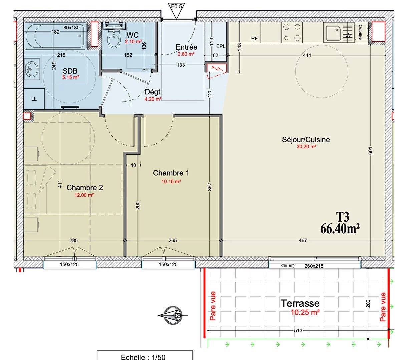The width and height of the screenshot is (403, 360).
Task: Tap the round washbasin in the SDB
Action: click(31, 69)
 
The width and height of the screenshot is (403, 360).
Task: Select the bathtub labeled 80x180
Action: click(55, 36)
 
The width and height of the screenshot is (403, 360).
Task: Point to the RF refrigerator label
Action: click(254, 39)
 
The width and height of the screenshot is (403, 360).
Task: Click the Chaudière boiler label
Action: click(360, 32)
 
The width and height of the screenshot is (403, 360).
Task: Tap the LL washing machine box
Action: click(34, 99)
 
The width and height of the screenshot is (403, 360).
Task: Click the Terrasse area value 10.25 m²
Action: click(305, 313)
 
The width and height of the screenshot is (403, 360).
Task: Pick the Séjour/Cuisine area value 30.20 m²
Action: click(306, 147)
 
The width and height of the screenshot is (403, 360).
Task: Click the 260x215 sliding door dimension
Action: click(314, 266)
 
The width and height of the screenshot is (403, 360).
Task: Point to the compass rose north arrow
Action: click(173, 315)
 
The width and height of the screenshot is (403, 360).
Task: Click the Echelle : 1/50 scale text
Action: click(143, 357)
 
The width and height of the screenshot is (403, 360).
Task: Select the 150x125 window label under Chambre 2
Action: click(69, 264)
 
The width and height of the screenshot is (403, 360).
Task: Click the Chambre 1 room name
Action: click(171, 173)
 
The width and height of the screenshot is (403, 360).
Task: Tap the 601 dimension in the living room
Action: click(370, 150)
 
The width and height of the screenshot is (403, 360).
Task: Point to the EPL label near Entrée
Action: click(221, 46)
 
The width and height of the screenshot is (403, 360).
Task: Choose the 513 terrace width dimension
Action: click(298, 330)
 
